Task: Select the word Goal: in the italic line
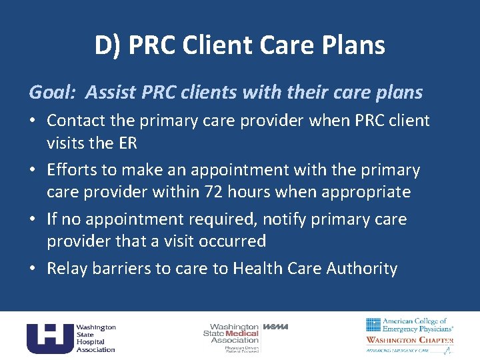click(52, 92)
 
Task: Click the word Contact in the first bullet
click(75, 121)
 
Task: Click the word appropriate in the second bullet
click(367, 192)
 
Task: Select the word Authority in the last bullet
click(362, 269)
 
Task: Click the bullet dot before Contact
click(33, 121)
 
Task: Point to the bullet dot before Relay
click(33, 269)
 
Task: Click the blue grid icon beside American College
click(373, 325)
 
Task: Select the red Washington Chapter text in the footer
click(409, 340)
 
